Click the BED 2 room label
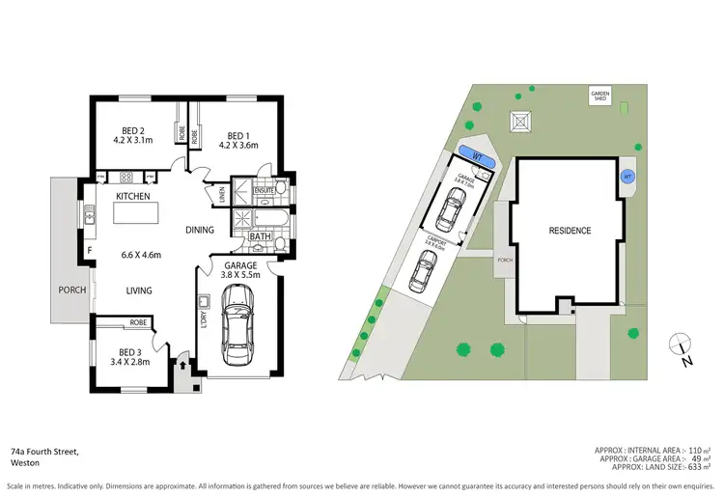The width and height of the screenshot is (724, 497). point(133,131)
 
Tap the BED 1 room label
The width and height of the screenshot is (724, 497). point(237,136)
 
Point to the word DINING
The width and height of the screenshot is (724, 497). point(200,230)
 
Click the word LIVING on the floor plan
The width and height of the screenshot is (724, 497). point(142,290)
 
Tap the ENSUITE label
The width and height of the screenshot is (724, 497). point(265,191)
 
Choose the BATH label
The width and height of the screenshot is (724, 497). point(260,236)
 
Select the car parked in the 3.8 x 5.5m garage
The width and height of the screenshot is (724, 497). point(237,329)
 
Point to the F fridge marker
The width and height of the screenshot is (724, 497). point(90,253)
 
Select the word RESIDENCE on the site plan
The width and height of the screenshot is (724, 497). point(570,231)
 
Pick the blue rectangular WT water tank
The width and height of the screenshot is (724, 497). point(477,155)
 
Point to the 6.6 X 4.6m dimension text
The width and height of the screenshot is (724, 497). point(141,255)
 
